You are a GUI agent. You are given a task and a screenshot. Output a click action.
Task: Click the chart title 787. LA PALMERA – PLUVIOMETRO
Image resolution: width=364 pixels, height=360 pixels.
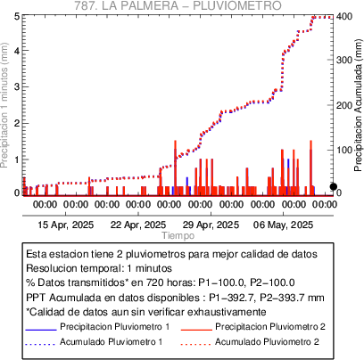click(178, 5)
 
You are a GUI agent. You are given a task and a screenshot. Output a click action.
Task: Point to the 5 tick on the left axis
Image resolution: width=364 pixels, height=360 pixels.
click(17, 16)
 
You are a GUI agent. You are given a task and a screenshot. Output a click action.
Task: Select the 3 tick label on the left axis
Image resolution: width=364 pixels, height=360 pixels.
click(17, 86)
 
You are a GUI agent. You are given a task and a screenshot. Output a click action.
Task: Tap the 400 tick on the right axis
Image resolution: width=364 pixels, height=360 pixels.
click(344, 16)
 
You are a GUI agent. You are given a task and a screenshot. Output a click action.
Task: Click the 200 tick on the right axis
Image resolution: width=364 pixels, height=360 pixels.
click(344, 105)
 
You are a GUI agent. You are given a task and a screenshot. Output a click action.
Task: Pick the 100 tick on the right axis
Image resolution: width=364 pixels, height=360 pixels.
click(344, 150)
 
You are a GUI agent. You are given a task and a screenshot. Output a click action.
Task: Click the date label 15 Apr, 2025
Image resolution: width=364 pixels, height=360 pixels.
click(66, 225)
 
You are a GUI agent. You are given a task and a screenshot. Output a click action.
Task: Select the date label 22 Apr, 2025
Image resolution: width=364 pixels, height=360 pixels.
click(138, 225)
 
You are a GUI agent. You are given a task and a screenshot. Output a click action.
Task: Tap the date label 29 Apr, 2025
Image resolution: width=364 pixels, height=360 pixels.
click(211, 225)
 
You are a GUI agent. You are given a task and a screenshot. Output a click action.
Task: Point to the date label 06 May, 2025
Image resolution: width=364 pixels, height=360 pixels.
click(283, 225)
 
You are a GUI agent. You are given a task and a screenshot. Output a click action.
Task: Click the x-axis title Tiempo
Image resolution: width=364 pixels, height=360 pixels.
click(178, 235)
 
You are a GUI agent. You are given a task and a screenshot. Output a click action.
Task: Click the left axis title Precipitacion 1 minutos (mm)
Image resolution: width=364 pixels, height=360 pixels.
click(4, 105)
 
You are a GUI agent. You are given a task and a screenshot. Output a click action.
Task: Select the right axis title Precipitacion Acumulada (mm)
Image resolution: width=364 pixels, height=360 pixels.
click(359, 105)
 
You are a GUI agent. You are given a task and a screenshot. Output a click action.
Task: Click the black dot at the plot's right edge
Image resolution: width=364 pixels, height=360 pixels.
click(334, 186)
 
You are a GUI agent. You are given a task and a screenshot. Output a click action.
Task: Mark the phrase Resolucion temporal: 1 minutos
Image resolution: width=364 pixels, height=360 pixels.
click(99, 268)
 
